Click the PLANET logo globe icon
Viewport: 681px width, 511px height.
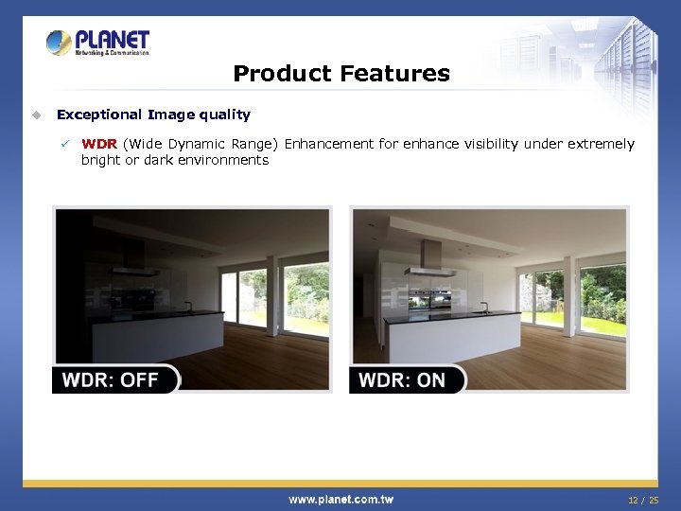point(59,43)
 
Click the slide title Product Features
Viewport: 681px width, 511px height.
point(340,73)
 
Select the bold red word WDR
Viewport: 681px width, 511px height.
point(100,144)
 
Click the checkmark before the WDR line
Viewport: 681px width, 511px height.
point(65,144)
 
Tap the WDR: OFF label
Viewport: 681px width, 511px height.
point(112,379)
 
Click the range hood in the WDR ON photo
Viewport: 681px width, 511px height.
point(431,259)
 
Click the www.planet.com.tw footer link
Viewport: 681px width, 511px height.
point(340,499)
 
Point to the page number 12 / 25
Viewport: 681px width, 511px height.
point(643,499)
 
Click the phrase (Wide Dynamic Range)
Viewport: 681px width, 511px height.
point(201,144)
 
